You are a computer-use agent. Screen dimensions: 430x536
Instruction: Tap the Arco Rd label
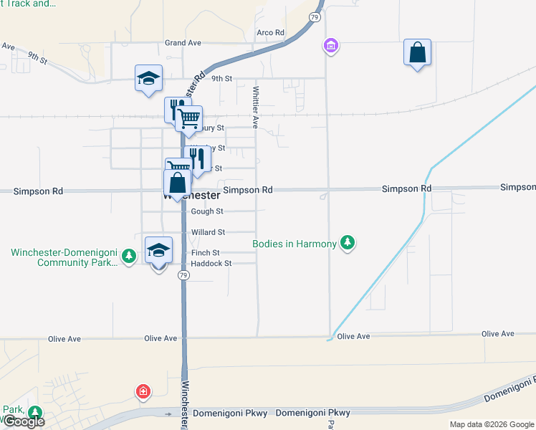[x=271, y=33]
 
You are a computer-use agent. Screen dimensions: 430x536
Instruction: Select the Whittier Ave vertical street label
[x=255, y=107]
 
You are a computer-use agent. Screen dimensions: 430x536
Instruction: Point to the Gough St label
[x=208, y=211]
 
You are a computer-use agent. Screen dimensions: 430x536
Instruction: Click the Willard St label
[x=208, y=232]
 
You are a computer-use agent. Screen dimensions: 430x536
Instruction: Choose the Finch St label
[x=205, y=253]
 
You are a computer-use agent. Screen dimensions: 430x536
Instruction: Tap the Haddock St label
[x=211, y=264]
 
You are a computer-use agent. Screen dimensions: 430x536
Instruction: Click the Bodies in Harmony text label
[x=295, y=244]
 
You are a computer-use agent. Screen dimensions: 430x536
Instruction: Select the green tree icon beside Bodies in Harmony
[x=348, y=244]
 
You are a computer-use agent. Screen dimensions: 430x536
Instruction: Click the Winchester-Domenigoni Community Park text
[x=63, y=257]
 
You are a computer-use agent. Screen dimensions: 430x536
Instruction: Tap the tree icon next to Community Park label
[x=128, y=256]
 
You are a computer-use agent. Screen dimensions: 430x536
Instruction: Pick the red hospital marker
[x=144, y=391]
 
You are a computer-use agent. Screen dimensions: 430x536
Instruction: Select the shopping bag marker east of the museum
[x=417, y=52]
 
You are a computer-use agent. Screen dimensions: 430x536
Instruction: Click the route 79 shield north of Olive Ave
[x=184, y=276]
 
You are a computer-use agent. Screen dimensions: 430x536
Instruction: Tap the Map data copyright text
[x=491, y=424]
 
